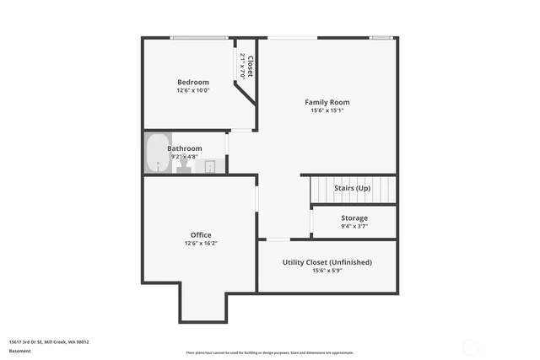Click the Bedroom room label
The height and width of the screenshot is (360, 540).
coord(192,82)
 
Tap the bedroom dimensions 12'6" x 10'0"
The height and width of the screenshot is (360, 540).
coord(192,90)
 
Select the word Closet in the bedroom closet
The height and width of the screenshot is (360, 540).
coord(251,66)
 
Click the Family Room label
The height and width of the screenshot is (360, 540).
coord(327,102)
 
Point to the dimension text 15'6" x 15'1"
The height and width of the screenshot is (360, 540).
coord(327,110)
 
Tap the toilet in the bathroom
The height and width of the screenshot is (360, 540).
coord(182,165)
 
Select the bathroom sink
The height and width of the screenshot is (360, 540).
coord(210,166)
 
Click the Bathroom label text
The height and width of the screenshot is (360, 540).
coord(185,148)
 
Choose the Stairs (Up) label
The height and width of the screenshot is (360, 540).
coord(352,188)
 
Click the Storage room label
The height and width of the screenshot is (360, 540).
coord(354,218)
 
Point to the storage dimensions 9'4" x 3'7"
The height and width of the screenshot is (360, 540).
coord(354,226)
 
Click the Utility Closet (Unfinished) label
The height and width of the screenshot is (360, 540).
coord(327,262)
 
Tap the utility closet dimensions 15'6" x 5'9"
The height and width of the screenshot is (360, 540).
coord(327,271)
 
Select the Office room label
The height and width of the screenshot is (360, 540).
coord(201,234)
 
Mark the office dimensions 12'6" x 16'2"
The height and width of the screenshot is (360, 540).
coord(201,243)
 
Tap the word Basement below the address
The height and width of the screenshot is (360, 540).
coord(19,351)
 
